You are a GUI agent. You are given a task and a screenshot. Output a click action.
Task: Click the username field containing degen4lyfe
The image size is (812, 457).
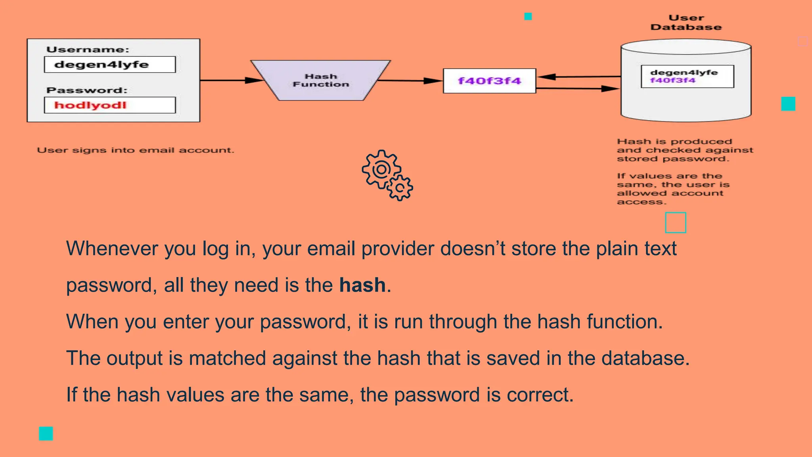[x=109, y=65]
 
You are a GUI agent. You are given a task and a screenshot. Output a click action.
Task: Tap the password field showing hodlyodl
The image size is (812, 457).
[x=109, y=105]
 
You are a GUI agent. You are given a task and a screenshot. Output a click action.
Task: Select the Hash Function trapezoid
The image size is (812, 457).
[x=321, y=81]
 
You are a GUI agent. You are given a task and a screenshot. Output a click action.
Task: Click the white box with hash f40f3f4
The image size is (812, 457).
[x=489, y=81]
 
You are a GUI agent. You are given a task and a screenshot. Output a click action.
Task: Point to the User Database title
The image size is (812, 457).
[x=686, y=23]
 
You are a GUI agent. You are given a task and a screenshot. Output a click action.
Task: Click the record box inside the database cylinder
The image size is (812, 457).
[x=687, y=76]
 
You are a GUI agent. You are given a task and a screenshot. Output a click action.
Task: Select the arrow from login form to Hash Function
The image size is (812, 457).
[x=230, y=81]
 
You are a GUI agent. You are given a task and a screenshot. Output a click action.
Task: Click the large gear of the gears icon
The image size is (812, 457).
[x=381, y=169]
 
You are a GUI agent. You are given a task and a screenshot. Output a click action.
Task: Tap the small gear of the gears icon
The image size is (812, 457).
[x=400, y=188]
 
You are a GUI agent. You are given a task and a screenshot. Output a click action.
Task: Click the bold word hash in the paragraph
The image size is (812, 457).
[x=362, y=285]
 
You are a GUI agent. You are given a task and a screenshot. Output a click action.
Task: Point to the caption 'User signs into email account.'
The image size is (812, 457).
[x=136, y=150]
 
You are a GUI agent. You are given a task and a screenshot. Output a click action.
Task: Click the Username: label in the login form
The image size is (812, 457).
[x=88, y=50]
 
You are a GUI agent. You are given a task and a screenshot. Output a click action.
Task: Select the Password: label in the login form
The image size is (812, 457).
[x=87, y=90]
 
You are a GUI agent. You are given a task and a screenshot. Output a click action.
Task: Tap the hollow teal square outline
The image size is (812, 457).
[x=675, y=223]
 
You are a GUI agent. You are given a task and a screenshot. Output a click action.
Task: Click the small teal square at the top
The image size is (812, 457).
[x=528, y=16]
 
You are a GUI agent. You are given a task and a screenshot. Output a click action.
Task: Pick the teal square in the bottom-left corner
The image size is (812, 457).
[x=46, y=434]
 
